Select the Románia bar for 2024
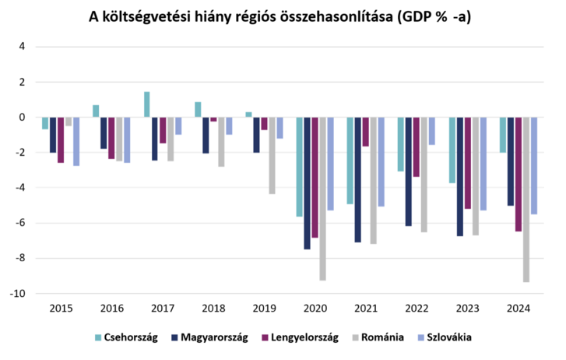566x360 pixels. [x=526, y=199]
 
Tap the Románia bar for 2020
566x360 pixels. [x=323, y=198]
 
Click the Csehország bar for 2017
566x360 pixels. [x=146, y=104]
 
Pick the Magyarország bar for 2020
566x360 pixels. [x=308, y=183]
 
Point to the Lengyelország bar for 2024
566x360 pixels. [x=519, y=174]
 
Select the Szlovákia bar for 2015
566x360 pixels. [x=76, y=141]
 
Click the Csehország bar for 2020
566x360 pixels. [x=299, y=167]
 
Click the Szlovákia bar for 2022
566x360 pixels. [x=432, y=131]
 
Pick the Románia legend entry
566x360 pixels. [x=379, y=337]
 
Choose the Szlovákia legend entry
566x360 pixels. [x=444, y=337]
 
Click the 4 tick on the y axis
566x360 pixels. [x=23, y=47]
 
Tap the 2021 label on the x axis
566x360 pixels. [x=366, y=309]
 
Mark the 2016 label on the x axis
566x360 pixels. [x=111, y=309]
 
